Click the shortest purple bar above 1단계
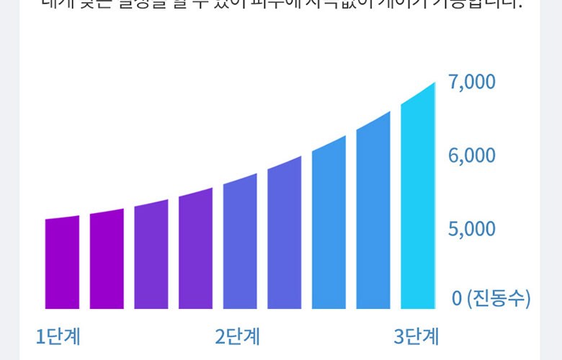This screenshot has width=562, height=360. click(x=62, y=263)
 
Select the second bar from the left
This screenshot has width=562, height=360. click(x=107, y=259)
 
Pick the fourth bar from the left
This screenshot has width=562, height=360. click(x=196, y=249)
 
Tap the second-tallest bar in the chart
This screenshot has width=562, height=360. click(x=373, y=212)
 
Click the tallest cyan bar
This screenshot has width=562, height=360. click(x=418, y=198)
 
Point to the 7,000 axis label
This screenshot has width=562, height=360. click(x=472, y=82)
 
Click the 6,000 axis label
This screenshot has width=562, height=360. click(x=472, y=156)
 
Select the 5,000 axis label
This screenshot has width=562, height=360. click(x=472, y=229)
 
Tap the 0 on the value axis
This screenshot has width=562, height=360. click(x=456, y=297)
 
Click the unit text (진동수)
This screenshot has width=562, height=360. click(x=499, y=297)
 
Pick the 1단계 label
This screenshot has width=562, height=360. click(x=58, y=336)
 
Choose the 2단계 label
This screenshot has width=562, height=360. click(x=237, y=336)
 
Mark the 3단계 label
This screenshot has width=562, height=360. click(x=416, y=336)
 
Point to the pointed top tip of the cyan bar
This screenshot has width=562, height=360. click(x=434, y=84)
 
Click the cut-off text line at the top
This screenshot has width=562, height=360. click(x=281, y=4)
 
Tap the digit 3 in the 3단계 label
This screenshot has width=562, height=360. click(x=399, y=336)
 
